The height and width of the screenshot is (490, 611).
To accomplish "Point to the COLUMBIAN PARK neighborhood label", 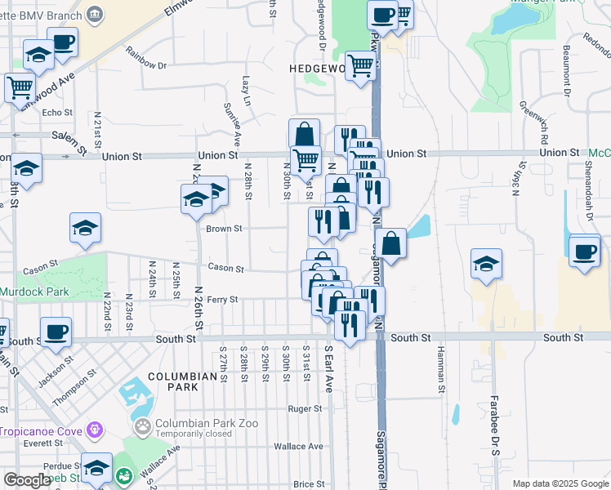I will click(188, 376).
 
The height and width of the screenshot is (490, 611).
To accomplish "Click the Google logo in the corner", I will click(27, 480).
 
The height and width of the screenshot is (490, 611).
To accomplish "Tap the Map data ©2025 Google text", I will click(560, 483).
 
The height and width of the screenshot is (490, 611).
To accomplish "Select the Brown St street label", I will click(225, 229).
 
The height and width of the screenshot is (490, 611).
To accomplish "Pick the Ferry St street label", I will click(221, 300).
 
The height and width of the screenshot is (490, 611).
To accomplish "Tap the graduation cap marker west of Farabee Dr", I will click(486, 263).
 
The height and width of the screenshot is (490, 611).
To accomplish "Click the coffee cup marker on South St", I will click(56, 332).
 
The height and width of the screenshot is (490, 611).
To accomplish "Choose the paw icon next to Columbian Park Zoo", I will click(144, 425).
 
